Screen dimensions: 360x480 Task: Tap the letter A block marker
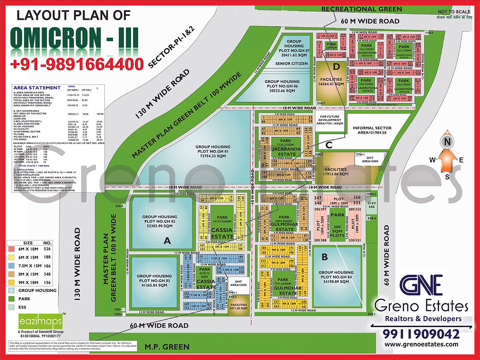point(168,240)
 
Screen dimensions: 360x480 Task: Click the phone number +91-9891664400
point(77,64)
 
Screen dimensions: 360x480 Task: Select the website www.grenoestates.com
point(421,344)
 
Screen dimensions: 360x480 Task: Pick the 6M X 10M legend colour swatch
point(11,249)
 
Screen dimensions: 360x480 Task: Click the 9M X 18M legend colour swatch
point(11,283)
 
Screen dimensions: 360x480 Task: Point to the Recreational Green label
point(361,9)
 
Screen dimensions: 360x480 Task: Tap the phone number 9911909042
point(421,334)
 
